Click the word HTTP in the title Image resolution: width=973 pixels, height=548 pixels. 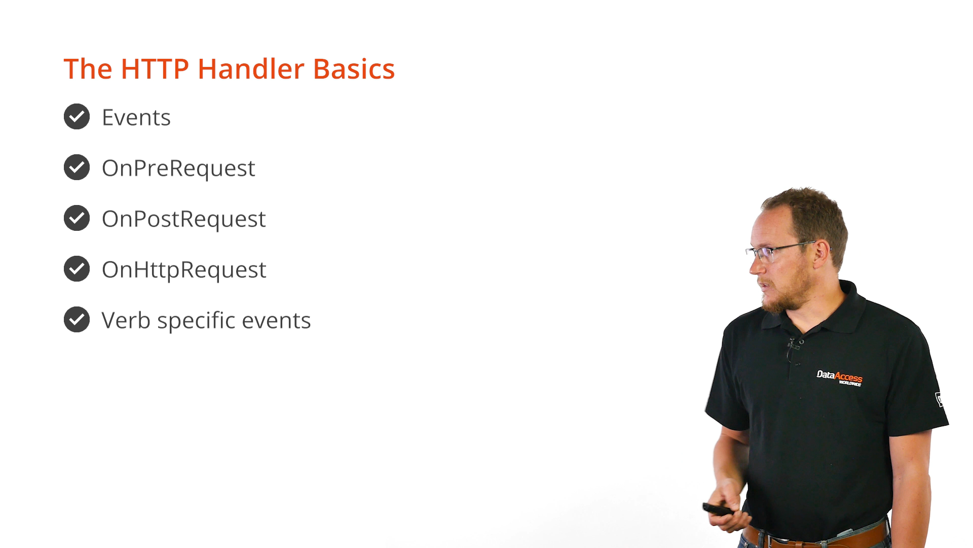pyautogui.click(x=155, y=69)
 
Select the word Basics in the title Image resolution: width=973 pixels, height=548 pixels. pyautogui.click(x=354, y=69)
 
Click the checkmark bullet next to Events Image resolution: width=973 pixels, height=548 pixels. pyautogui.click(x=77, y=117)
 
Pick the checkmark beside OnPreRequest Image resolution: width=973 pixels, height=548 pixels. pyautogui.click(x=77, y=167)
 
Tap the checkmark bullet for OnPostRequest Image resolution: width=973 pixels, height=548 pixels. pyautogui.click(x=77, y=218)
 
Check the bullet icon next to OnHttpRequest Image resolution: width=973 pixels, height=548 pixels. pyautogui.click(x=77, y=269)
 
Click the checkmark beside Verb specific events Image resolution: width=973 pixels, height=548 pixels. pyautogui.click(x=77, y=320)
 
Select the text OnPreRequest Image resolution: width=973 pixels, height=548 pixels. pyautogui.click(x=178, y=168)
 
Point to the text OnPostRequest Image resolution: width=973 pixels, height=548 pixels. pyautogui.click(x=183, y=219)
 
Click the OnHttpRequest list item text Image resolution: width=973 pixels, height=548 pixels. pyautogui.click(x=184, y=270)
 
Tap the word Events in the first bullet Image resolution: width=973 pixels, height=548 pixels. pyautogui.click(x=136, y=117)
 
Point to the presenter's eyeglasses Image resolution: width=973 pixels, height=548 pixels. pyautogui.click(x=783, y=251)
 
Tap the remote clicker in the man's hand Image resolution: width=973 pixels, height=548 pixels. pyautogui.click(x=717, y=509)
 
